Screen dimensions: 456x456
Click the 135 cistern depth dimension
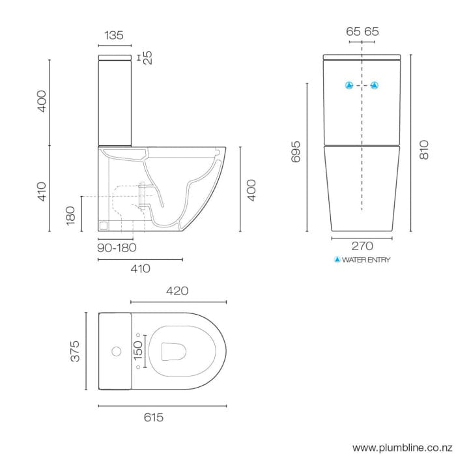point(114,36)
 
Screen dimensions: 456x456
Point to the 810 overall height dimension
point(425,151)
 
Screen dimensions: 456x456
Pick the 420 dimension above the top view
point(178,291)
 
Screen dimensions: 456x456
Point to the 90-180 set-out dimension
point(117,248)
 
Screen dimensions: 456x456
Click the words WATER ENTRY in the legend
point(366,260)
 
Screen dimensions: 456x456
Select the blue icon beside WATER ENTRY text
point(337,260)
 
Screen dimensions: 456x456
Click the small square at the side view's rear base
point(103,225)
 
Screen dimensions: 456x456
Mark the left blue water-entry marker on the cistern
point(349,85)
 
